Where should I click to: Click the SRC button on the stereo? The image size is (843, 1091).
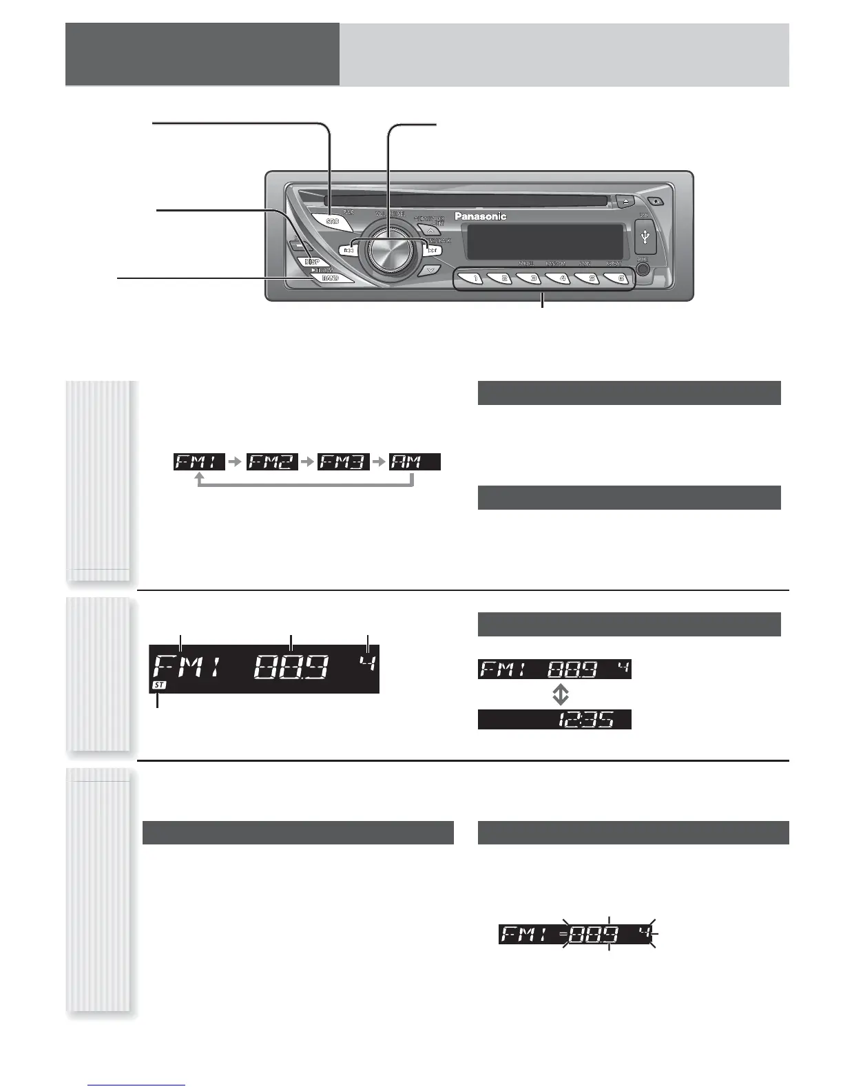pos(333,221)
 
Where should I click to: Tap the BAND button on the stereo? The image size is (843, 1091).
pos(331,278)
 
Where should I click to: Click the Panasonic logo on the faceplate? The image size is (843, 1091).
pos(480,216)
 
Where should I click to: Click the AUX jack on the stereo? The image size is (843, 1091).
pos(643,269)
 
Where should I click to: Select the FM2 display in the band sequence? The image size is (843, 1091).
pos(272,461)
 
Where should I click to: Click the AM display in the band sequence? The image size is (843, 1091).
pos(415,461)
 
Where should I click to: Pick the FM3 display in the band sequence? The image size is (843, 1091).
pos(344,461)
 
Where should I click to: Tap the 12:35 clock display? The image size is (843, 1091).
pos(554,720)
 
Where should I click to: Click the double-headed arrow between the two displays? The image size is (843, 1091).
pos(561,694)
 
